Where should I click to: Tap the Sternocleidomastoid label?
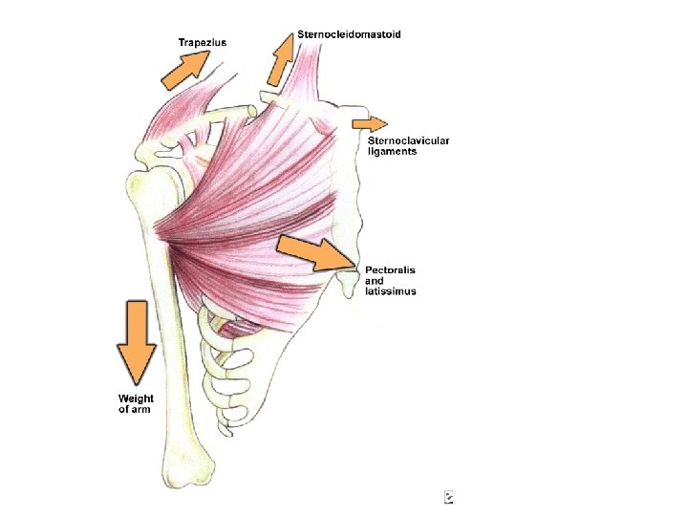coord(349,34)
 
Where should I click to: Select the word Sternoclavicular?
coord(408,141)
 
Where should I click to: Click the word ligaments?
coord(392,152)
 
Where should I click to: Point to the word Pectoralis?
coord(390,270)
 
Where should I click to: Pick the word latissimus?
coord(390,291)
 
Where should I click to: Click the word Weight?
coord(136,398)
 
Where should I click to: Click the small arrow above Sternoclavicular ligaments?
coord(369,123)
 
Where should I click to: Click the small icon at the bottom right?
coord(448,497)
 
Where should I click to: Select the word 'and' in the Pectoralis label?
coord(374,281)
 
